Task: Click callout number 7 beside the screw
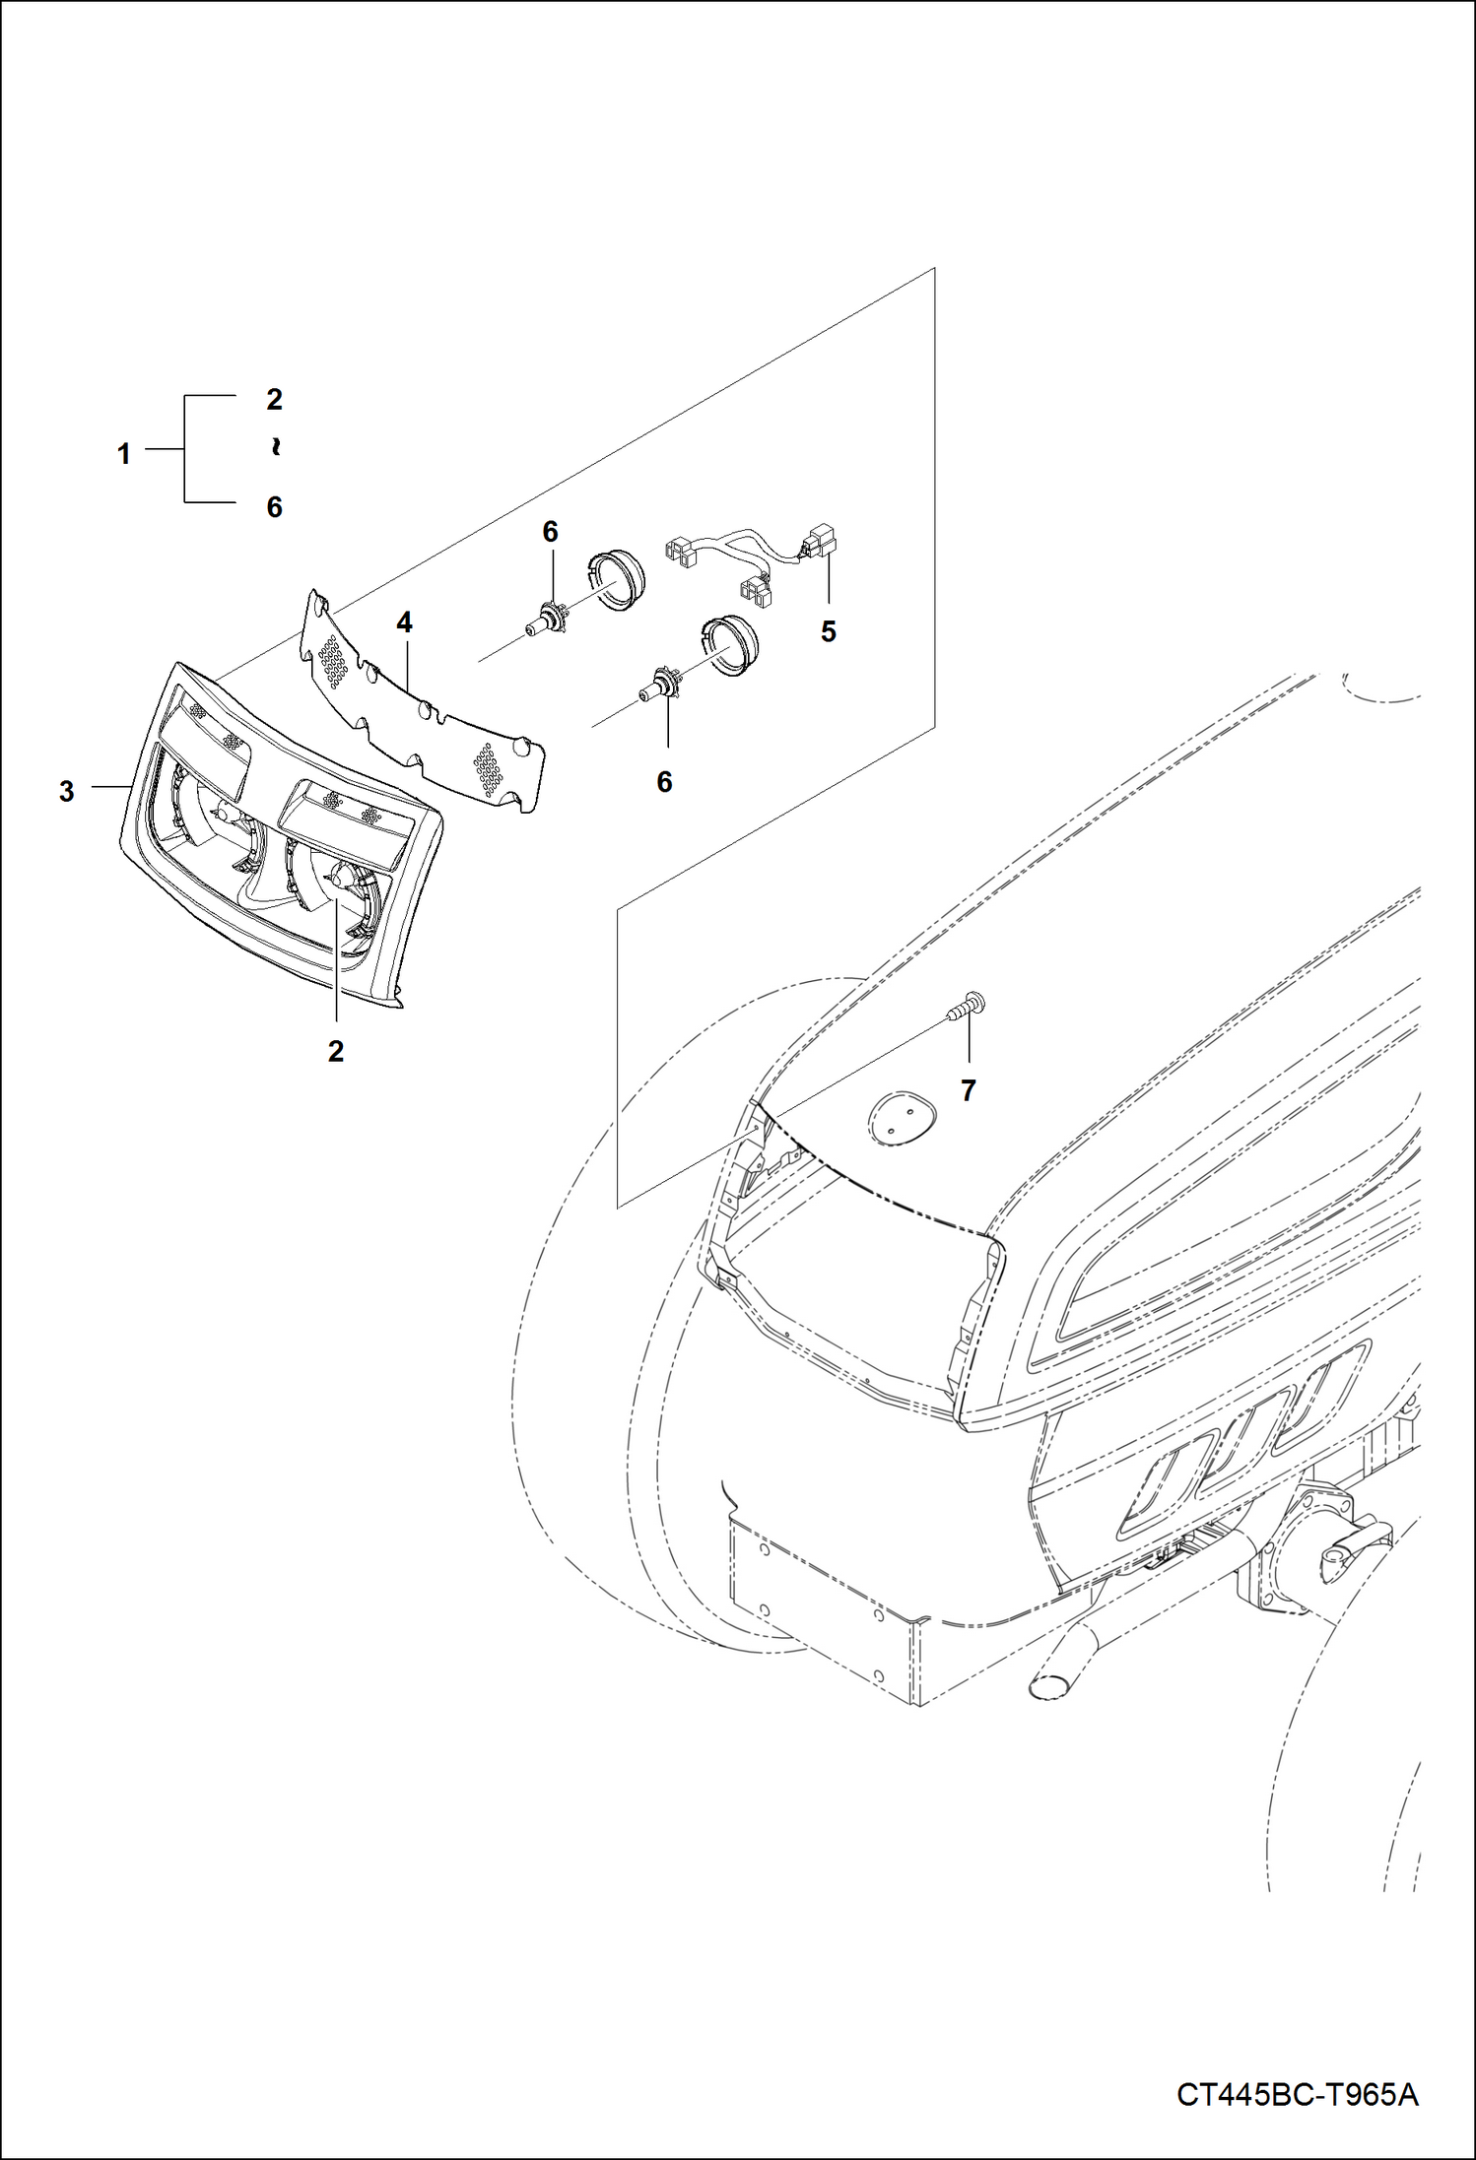point(968,1090)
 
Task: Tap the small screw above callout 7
point(966,1008)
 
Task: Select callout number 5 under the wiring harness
point(828,631)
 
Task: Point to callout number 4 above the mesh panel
point(404,622)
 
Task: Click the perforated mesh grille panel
point(424,705)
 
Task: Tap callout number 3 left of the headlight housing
point(66,791)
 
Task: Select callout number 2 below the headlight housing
point(336,1051)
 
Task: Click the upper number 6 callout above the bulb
point(550,532)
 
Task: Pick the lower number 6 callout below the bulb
point(664,781)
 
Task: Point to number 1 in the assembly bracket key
point(124,454)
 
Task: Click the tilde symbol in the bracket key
point(275,448)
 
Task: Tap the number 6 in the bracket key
point(275,506)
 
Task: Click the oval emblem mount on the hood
point(898,1116)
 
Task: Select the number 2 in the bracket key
point(275,399)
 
